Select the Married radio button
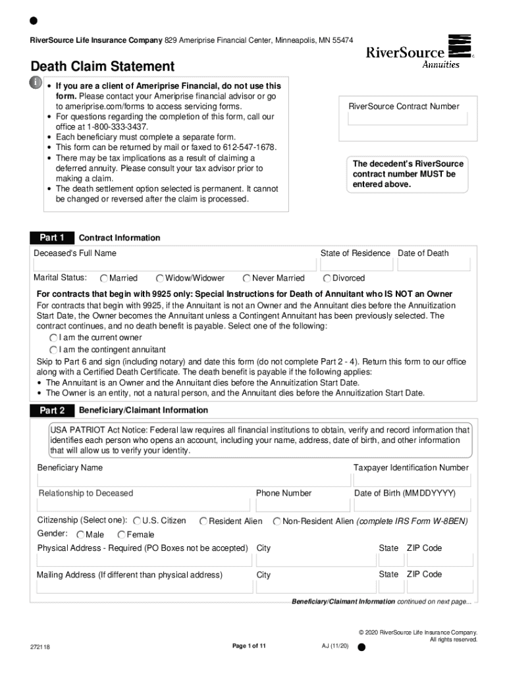104,278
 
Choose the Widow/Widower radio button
160,278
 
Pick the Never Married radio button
247,278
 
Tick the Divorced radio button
327,278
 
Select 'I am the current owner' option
53,338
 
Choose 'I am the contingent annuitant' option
53,350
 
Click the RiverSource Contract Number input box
404,119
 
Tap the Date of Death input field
434,265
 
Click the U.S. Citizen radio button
137,521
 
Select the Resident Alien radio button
203,521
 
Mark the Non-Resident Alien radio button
277,521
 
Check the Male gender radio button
80,534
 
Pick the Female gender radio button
121,534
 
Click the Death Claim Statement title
102,66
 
